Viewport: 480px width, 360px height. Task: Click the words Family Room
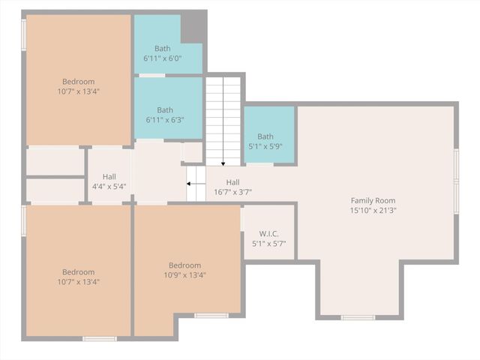coord(373,200)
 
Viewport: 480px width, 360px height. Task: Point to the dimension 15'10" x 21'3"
coord(373,211)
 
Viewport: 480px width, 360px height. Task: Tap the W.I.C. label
coord(268,233)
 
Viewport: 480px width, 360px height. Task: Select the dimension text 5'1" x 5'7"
coord(268,244)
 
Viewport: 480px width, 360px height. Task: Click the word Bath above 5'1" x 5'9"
coord(265,136)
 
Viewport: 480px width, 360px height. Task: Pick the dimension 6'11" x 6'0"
coord(163,58)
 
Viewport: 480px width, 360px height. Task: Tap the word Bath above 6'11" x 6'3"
coord(165,109)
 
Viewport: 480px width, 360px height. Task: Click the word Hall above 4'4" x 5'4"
coord(109,176)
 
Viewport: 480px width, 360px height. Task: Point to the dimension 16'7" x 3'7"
coord(232,192)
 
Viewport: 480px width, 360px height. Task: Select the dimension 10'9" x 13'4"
coord(184,275)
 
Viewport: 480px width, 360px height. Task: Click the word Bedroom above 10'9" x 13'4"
coord(184,265)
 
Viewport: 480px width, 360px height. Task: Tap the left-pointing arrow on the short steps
coord(191,183)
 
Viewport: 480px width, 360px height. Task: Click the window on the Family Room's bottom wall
coord(358,317)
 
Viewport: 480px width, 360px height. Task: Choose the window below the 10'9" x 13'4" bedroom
coord(211,316)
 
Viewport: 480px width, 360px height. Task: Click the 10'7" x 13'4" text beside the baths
coord(79,91)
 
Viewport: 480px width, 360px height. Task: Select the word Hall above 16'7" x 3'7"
coord(232,181)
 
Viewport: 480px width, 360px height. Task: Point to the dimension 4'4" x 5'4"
coord(109,187)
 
